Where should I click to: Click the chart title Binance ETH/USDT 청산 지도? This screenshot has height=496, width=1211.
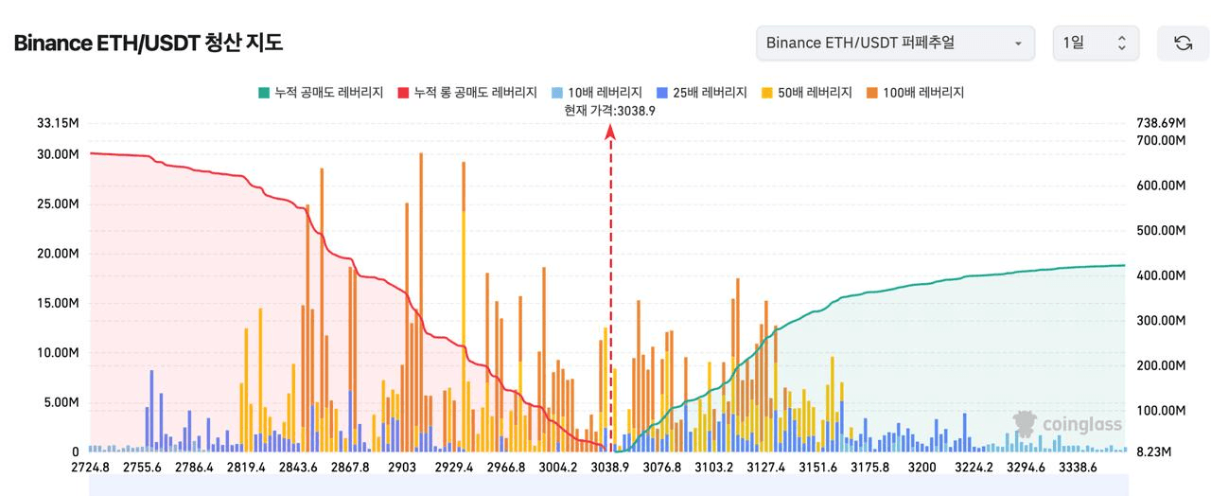point(149,44)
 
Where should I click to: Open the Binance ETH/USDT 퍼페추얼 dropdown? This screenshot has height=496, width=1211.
point(894,44)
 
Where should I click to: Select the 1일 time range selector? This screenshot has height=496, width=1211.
point(1096,44)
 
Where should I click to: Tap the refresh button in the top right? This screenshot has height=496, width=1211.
point(1183,44)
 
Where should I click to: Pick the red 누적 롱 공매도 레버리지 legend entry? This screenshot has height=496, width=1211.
point(467,93)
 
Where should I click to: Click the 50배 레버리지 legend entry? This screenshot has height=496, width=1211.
point(805,93)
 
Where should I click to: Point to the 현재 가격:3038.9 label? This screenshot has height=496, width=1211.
point(610,110)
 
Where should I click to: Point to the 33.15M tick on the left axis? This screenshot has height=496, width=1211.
point(59,123)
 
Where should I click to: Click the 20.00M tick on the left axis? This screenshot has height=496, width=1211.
point(59,254)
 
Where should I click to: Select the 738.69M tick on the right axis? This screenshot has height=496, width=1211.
point(1160,123)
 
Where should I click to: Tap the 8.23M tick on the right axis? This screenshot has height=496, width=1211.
point(1153,452)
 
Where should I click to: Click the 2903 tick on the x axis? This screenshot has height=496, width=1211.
point(402,468)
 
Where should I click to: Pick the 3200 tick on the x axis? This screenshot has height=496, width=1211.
point(921,468)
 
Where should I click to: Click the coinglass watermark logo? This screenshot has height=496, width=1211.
point(1067,424)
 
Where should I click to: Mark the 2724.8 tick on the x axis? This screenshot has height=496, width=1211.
point(90,468)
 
